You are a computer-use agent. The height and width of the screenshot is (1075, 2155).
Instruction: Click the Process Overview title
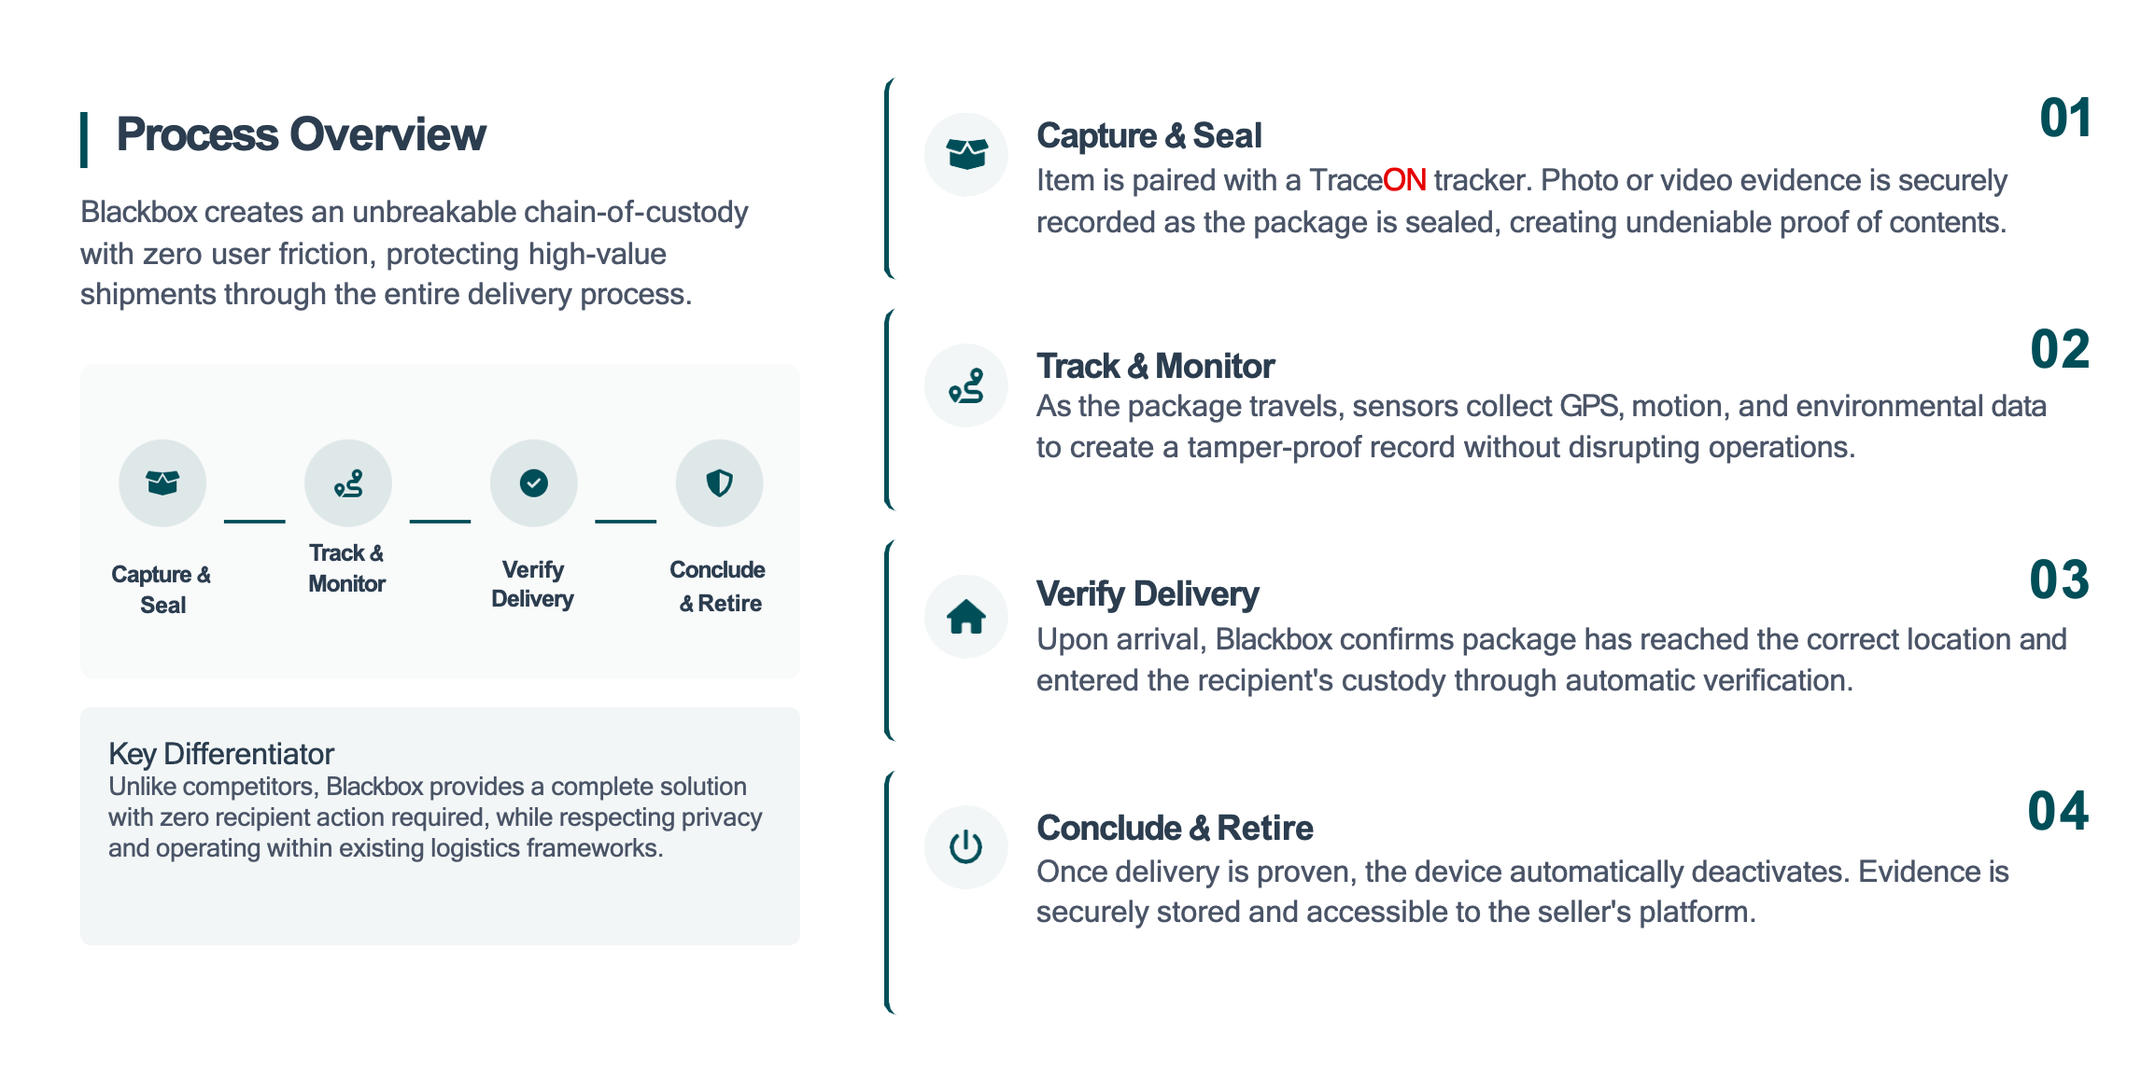(x=301, y=135)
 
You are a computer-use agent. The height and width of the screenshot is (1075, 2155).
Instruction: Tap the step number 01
(x=2064, y=119)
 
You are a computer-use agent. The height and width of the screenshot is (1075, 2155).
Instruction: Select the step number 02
(x=2060, y=350)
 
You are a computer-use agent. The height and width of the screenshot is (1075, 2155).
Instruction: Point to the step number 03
(x=2059, y=580)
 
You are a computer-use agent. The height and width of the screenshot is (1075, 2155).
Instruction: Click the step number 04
(x=2058, y=811)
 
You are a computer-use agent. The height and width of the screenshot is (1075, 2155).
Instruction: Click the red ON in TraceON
(x=1404, y=180)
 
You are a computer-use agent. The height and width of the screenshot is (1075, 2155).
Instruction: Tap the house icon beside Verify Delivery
(x=966, y=617)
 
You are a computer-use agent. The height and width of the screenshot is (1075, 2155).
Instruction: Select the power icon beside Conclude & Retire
(x=966, y=847)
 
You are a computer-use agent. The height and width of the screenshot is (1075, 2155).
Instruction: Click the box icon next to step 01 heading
(x=966, y=154)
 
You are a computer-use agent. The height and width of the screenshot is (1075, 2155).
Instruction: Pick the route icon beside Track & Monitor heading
(x=966, y=385)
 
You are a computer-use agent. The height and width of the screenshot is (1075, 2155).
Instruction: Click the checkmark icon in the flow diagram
(x=533, y=483)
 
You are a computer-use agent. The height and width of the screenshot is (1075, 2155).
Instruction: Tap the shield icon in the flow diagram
(x=719, y=483)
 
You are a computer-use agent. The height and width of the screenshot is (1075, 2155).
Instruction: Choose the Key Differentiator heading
(x=221, y=754)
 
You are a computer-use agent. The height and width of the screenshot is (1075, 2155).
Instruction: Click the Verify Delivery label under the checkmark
(x=532, y=584)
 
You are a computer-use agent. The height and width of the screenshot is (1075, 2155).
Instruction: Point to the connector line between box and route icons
(x=254, y=521)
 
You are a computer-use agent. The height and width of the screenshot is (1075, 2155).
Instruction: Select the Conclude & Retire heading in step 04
(x=1175, y=829)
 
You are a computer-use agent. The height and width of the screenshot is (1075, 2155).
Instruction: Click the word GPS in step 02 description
(x=1588, y=407)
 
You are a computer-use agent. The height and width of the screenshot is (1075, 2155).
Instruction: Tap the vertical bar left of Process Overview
(x=84, y=140)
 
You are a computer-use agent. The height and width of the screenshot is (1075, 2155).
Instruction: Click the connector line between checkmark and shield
(x=626, y=521)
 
